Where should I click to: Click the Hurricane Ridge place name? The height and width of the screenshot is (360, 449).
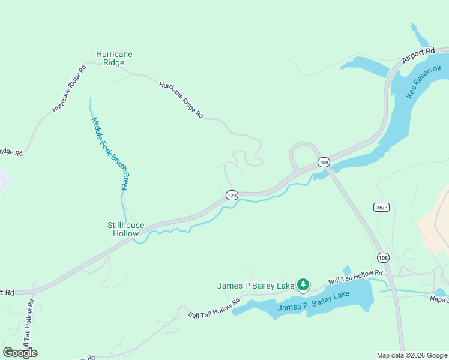[x=114, y=58]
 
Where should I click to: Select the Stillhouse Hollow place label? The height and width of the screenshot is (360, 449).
[x=125, y=229]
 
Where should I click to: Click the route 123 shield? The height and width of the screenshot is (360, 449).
[x=232, y=196]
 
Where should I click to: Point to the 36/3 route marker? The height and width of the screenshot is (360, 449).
[x=381, y=208]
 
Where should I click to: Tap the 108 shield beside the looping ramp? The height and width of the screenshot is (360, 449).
[x=324, y=163]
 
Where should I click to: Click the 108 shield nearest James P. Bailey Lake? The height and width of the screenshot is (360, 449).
[x=383, y=257]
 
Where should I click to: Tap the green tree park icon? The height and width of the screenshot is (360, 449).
[x=304, y=284]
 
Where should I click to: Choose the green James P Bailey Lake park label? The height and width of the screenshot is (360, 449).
[x=256, y=286]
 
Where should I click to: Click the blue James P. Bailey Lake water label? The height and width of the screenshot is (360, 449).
[x=313, y=302]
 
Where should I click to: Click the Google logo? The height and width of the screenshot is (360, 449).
[x=20, y=353]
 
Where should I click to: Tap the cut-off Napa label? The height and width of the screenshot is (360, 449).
[x=439, y=298]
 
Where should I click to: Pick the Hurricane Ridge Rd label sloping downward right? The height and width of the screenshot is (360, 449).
[x=181, y=100]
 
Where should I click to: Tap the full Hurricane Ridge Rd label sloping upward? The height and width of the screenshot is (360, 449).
[x=69, y=88]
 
